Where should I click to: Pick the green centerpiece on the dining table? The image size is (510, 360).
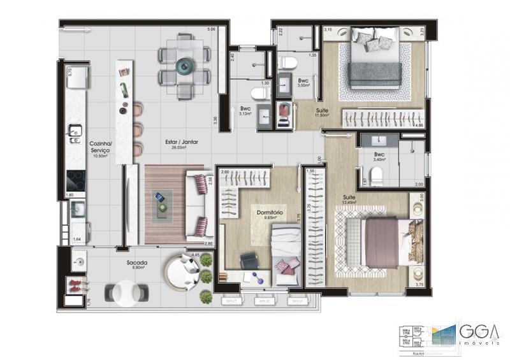[184, 64]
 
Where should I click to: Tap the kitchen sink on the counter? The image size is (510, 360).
[75, 132]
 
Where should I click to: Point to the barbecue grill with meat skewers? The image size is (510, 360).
[76, 284]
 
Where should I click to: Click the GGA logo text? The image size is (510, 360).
[479, 333]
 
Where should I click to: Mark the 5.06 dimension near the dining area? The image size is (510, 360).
[210, 30]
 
